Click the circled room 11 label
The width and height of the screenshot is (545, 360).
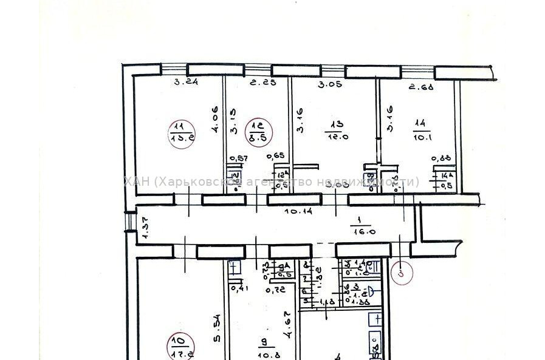tap(180, 132)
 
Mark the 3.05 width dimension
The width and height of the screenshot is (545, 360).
tap(330, 85)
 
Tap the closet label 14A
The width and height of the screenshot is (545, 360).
tap(447, 177)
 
